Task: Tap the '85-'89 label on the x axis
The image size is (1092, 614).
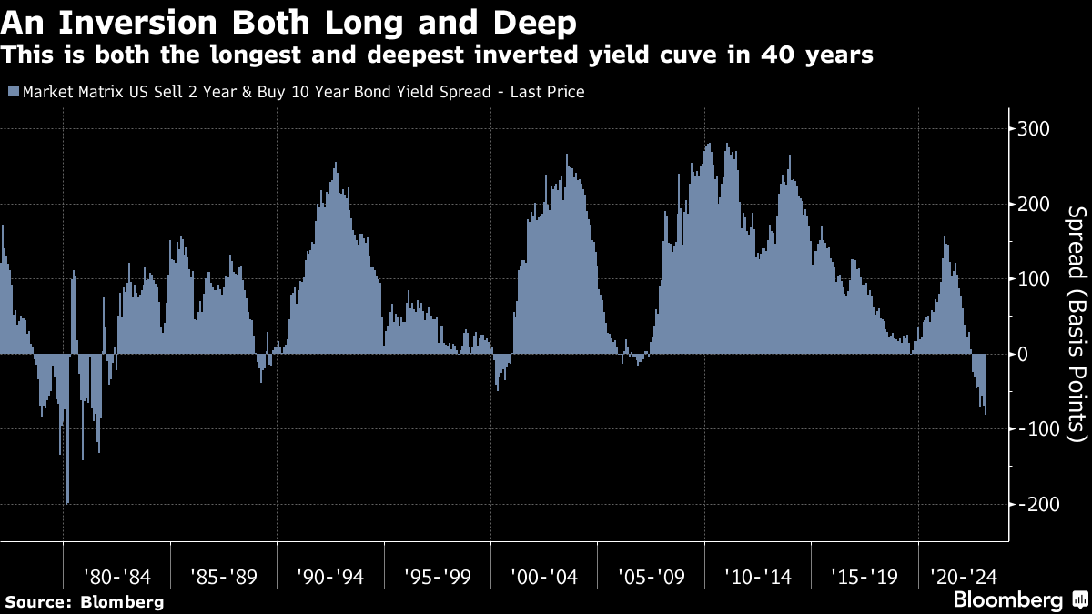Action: [223, 576]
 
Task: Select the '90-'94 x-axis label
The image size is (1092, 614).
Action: [330, 576]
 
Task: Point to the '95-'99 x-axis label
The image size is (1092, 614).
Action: [437, 576]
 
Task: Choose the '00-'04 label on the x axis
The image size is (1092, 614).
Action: [544, 576]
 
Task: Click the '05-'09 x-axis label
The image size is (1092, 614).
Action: [651, 576]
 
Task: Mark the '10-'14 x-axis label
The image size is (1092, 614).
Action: [758, 576]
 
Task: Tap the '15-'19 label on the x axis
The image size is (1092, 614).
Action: [864, 576]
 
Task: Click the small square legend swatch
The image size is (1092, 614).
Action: [11, 92]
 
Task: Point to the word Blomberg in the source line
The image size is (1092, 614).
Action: [123, 601]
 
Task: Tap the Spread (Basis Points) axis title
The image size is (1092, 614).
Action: [1076, 323]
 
